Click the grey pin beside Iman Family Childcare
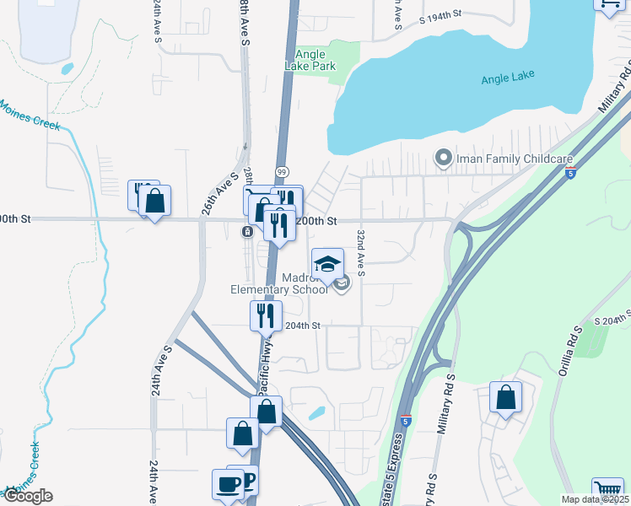(442, 158)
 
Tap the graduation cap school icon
(328, 265)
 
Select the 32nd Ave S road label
(361, 251)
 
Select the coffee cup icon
(228, 484)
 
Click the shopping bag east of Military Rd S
(505, 399)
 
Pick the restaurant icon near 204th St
(266, 316)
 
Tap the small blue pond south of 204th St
(316, 413)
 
